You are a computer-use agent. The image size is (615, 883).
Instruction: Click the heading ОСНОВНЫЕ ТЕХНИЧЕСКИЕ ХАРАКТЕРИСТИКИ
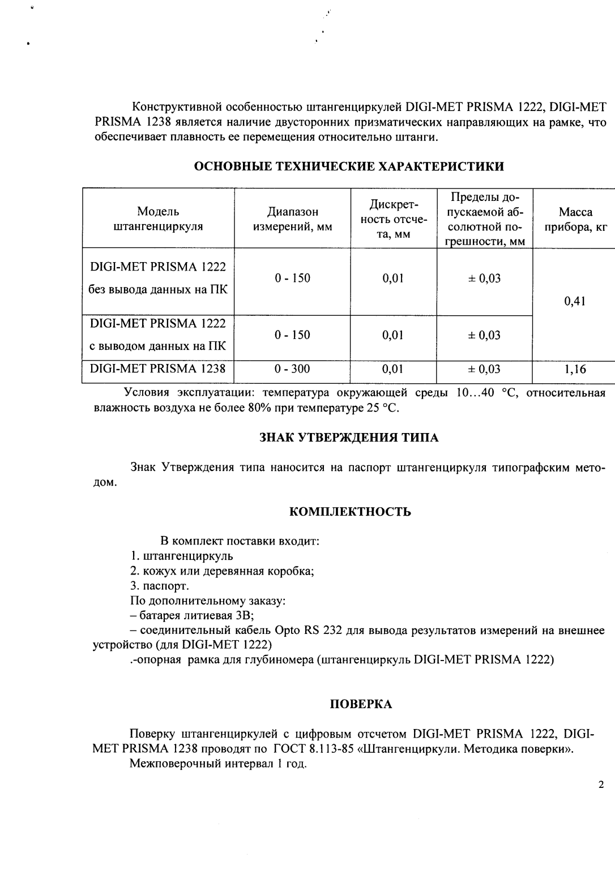[349, 166]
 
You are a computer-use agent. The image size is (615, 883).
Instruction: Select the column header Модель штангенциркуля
[158, 219]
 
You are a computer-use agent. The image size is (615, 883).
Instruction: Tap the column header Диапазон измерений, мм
[292, 219]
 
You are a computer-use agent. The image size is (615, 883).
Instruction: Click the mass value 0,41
[575, 301]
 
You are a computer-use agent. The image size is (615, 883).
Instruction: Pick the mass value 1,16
[575, 370]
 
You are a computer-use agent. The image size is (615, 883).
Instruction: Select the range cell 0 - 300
[292, 370]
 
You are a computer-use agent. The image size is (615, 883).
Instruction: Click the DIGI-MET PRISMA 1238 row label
[158, 369]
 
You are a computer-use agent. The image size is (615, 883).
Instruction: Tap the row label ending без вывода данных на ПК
[158, 290]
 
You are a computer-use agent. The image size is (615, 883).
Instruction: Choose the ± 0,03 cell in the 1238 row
[484, 370]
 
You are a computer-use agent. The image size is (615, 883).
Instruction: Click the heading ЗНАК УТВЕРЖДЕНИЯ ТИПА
[349, 438]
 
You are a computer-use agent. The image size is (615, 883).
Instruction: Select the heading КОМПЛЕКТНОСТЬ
[350, 512]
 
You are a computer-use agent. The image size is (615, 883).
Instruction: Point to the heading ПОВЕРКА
[361, 704]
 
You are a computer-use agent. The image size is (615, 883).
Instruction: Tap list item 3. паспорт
[160, 586]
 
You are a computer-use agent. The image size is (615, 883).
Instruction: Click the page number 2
[601, 785]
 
